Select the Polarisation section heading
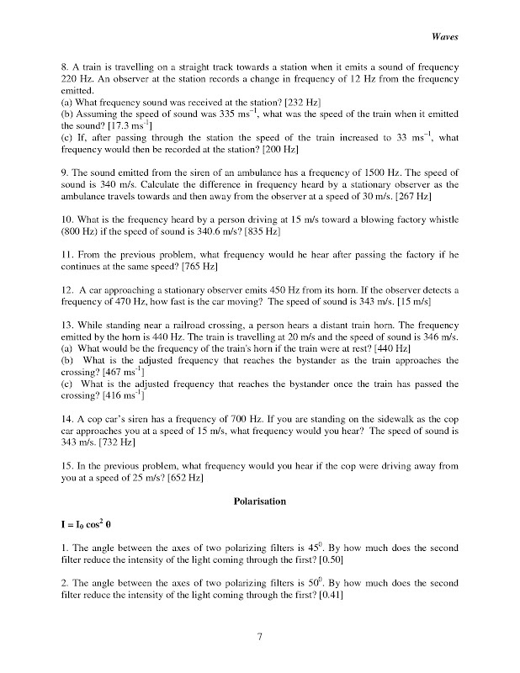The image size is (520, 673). tap(259, 501)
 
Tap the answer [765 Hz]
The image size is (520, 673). tap(205, 266)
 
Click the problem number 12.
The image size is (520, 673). tap(69, 289)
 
